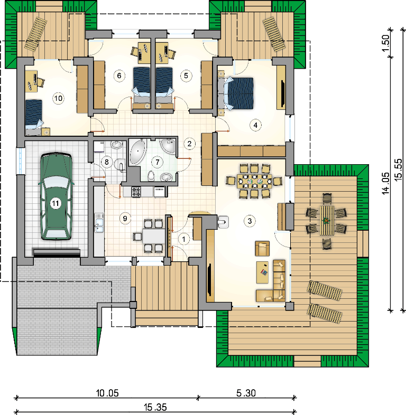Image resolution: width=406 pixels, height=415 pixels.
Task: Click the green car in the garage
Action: click(56, 196)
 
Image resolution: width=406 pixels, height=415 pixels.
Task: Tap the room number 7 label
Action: click(158, 162)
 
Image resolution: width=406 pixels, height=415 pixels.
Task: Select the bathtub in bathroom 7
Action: click(137, 152)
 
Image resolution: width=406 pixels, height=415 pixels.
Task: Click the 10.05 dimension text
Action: click(107, 393)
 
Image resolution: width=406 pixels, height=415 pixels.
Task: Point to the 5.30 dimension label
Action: click(246, 393)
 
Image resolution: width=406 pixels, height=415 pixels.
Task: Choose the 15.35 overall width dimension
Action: click(155, 407)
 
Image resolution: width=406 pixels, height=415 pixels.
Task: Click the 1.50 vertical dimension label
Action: click(385, 43)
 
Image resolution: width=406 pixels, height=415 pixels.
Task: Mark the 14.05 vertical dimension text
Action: click(385, 183)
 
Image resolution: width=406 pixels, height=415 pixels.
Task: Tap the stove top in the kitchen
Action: click(136, 192)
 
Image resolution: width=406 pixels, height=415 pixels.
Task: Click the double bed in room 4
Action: click(239, 93)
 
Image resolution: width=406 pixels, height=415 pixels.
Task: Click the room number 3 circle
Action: click(250, 221)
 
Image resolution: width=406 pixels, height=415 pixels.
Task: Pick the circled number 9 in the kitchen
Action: click(125, 219)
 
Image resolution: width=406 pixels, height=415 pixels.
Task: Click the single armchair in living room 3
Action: click(262, 248)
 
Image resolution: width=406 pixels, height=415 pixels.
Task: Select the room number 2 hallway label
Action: click(189, 144)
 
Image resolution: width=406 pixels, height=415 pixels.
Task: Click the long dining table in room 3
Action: click(254, 181)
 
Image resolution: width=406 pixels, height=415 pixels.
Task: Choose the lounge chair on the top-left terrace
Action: click(36, 33)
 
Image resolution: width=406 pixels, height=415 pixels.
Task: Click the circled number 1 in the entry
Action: click(183, 239)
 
